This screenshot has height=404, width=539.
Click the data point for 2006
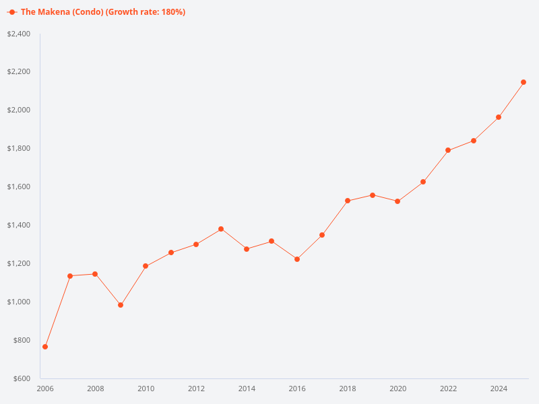(45, 347)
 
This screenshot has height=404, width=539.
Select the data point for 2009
(121, 305)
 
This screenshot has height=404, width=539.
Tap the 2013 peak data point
(221, 229)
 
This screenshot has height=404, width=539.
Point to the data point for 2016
(297, 259)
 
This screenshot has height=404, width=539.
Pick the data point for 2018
(348, 201)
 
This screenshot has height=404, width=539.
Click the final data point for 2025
(524, 82)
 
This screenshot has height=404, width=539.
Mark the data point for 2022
(448, 150)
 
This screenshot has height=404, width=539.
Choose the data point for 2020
(398, 201)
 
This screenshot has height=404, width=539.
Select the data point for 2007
(70, 275)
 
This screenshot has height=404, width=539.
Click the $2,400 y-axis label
(19, 34)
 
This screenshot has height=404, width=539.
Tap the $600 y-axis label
(21, 378)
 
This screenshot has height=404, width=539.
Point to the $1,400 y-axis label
(19, 225)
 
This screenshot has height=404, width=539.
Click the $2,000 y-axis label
(19, 110)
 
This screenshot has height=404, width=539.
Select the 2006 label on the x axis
(45, 389)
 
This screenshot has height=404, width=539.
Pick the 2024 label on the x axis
(499, 389)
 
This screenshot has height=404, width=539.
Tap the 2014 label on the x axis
(247, 389)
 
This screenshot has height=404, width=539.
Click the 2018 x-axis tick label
(348, 389)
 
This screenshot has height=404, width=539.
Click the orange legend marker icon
(12, 12)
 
